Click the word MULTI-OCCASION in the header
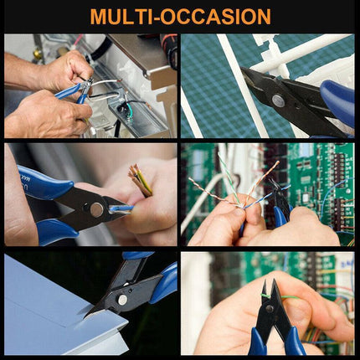pos(180,17)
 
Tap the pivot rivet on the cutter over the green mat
pos(278,100)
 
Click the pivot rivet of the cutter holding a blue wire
pos(97,209)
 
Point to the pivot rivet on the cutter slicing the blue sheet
pos(122,300)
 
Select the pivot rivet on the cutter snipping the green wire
pos(270,308)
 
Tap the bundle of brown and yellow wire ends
pos(141,180)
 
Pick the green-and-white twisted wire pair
pos(229,178)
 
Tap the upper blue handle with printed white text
pos(46,183)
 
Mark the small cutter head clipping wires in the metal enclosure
pos(87,87)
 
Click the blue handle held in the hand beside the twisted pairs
pos(280,215)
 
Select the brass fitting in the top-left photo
pos(37,54)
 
